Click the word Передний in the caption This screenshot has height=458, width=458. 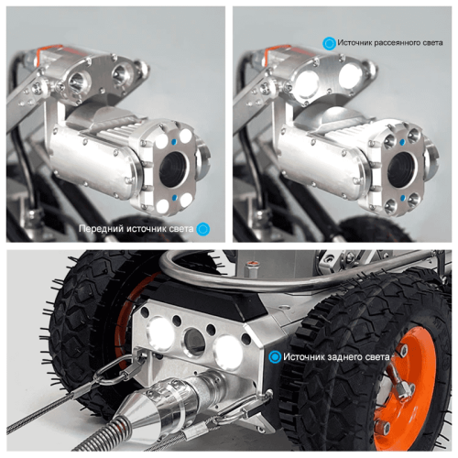(100, 229)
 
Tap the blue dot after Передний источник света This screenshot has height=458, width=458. (203, 229)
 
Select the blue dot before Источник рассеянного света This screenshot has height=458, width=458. (327, 42)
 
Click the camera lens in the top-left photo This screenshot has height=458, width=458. (173, 169)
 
